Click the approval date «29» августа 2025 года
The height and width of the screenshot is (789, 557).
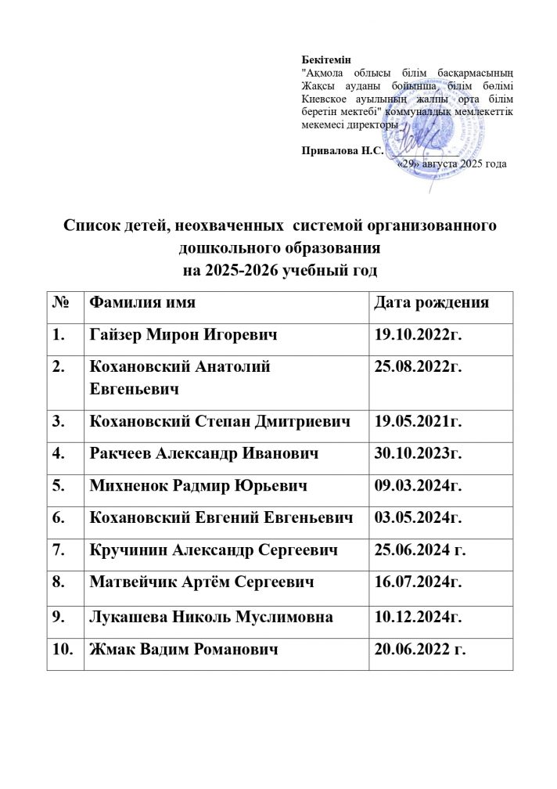(x=452, y=164)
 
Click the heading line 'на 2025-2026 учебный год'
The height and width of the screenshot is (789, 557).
(x=279, y=272)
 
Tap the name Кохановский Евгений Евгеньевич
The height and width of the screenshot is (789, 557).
(x=221, y=518)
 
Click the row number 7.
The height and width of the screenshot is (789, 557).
(x=59, y=551)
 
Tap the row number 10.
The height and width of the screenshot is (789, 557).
(x=63, y=650)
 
